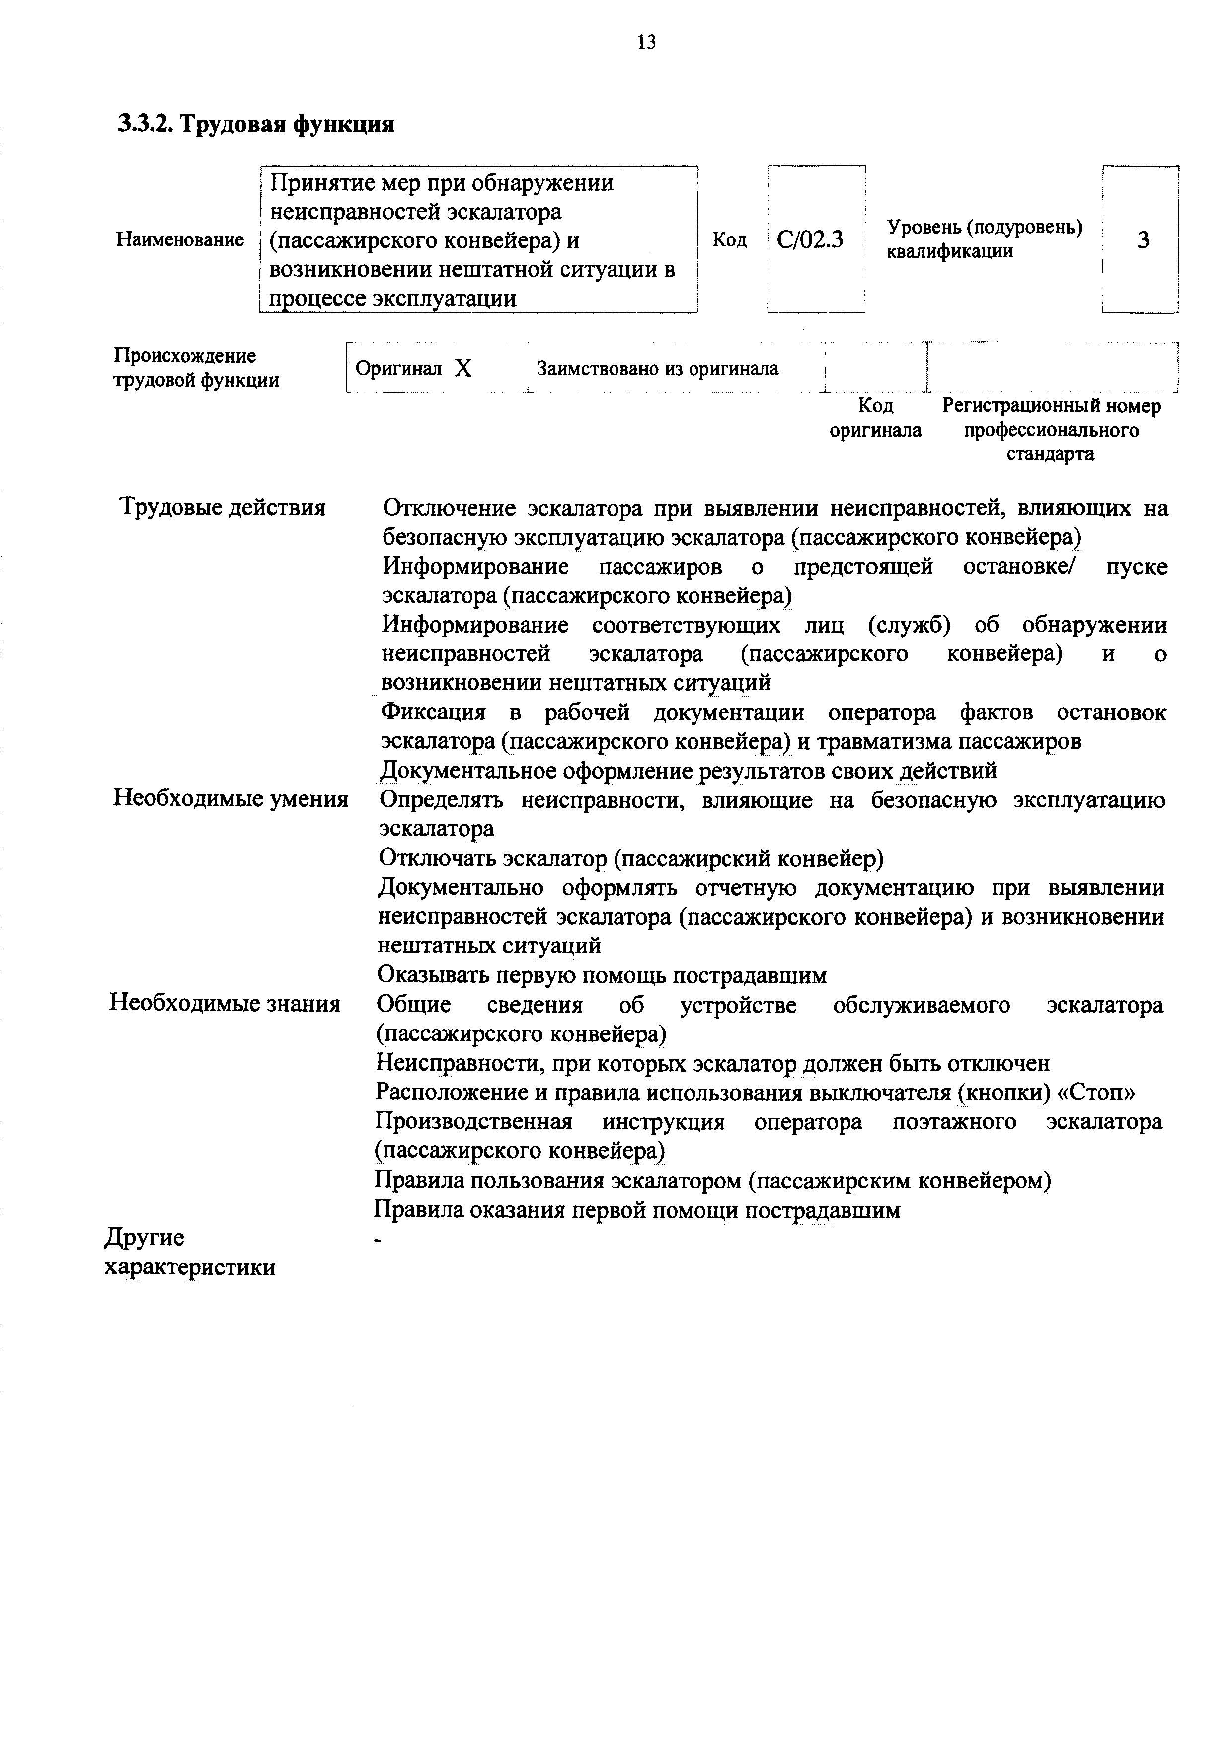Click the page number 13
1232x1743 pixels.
(x=647, y=43)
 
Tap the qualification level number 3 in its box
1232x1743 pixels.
(x=1143, y=240)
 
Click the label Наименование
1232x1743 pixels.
(x=180, y=240)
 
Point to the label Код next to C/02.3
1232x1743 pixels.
(x=729, y=240)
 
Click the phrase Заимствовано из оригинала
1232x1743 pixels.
(x=657, y=369)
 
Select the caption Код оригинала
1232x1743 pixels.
(x=875, y=418)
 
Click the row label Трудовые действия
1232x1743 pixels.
(x=223, y=507)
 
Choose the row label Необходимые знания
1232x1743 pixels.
(x=225, y=1004)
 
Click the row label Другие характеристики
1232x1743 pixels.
(x=190, y=1253)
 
